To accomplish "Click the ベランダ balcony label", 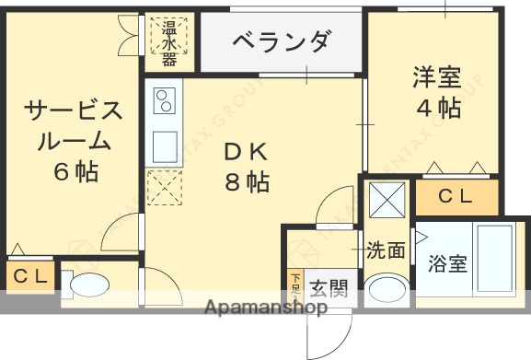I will pos(281,41).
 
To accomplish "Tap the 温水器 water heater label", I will pos(170,41).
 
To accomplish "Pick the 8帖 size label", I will pos(246,182).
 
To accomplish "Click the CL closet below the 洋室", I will pos(456,195).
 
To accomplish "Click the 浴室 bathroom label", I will pos(448,264).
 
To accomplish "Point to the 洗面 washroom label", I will pos(386,250).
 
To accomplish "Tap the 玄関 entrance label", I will pos(327,287).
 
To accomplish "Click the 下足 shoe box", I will pos(294,281).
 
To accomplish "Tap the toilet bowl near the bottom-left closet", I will pos(89,286).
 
